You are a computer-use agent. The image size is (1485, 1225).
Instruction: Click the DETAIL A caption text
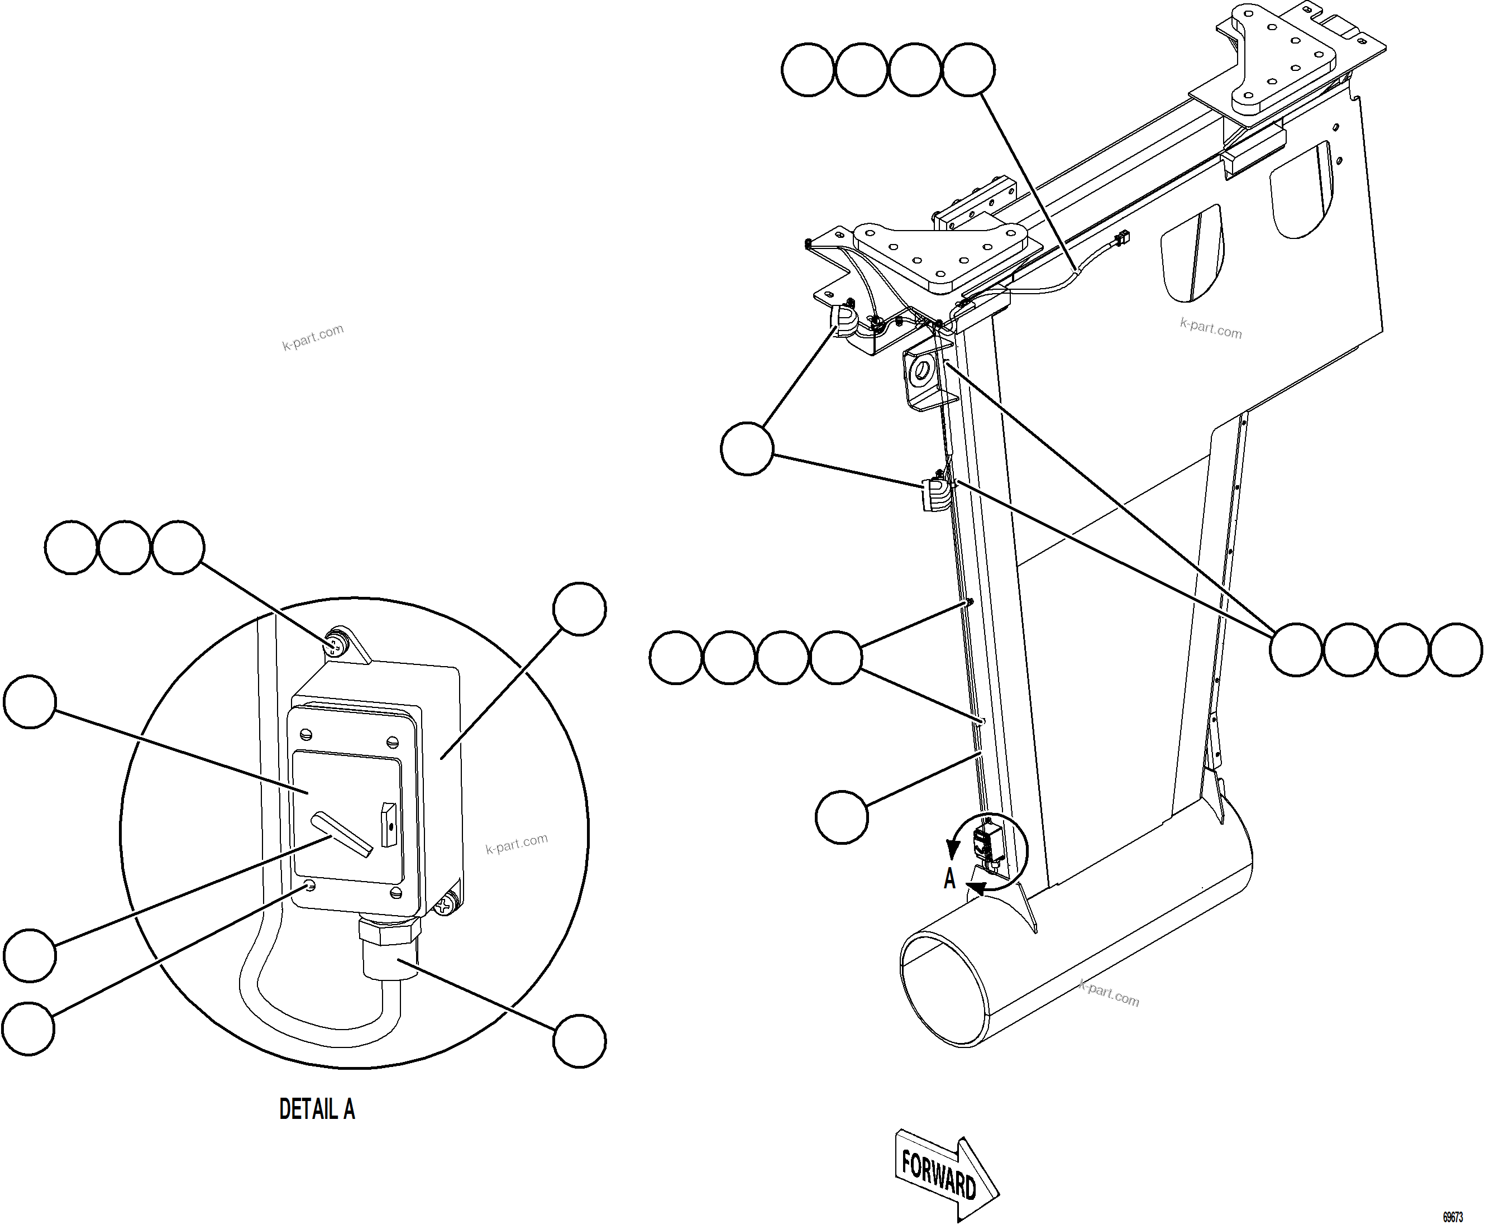pos(317,1109)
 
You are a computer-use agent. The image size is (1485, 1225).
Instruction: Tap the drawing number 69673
pos(1453,1217)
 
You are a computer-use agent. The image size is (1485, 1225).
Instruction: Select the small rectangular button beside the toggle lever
pos(389,824)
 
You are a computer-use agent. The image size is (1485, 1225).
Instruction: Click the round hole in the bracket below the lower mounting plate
pos(921,371)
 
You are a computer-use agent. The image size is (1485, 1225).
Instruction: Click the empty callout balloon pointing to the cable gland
pos(579,1041)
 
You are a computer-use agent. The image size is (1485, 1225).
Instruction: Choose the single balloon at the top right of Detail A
pos(579,608)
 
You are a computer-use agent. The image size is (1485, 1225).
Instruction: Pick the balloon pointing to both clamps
pos(747,449)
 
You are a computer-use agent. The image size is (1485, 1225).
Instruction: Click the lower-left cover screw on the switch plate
pos(308,884)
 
